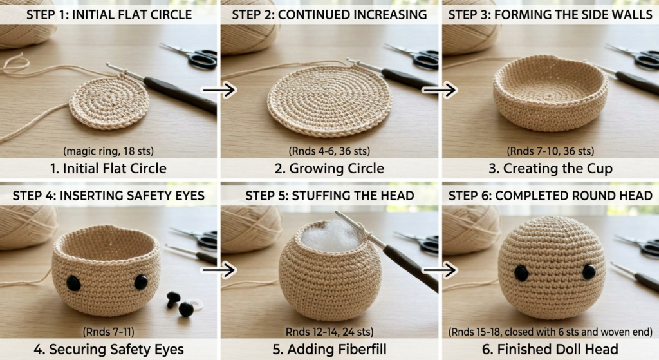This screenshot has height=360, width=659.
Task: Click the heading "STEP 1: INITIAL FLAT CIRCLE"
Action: point(109,15)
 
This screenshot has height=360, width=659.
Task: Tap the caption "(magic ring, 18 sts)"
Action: point(108,151)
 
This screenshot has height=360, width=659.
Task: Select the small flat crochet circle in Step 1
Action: point(109,102)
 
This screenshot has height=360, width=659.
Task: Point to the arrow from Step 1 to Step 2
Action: point(219,90)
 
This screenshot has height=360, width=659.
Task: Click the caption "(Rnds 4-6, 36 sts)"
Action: point(329,151)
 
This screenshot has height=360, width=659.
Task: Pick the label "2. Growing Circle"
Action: point(329,169)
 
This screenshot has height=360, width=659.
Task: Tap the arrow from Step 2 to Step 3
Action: point(440,90)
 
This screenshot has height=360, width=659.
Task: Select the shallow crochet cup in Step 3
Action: point(550,93)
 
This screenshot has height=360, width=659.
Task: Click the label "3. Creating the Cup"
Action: point(550,169)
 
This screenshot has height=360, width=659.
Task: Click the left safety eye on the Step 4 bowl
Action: point(74,283)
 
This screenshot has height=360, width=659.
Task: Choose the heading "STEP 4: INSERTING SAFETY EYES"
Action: point(108,196)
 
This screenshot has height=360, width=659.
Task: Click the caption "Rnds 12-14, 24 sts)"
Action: point(329,332)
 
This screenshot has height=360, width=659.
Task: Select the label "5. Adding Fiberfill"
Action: point(329,350)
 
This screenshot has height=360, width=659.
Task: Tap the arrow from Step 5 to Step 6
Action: point(440,270)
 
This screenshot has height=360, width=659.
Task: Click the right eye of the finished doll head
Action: point(589,272)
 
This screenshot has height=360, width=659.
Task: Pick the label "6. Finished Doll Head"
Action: point(550,350)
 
